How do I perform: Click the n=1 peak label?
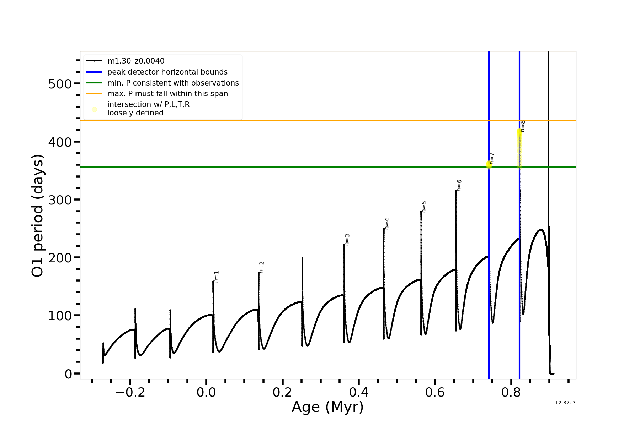coord(217,277)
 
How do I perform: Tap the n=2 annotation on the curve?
coord(262,267)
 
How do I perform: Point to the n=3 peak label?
coord(347,240)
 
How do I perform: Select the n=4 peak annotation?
coord(387,224)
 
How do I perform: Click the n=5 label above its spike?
coord(424,207)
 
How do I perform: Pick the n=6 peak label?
coord(459,185)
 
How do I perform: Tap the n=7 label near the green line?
coord(492,158)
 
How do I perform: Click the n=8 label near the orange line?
coord(523,126)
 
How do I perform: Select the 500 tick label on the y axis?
coord(60,84)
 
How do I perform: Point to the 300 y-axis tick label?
coord(60,200)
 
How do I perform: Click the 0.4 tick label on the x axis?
coord(358,392)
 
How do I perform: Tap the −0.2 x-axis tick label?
coord(130,392)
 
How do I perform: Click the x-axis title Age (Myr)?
coord(327,407)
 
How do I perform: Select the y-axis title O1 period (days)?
coord(38,215)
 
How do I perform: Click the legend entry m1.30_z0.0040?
coord(136,61)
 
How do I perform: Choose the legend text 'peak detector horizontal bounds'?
coord(167,72)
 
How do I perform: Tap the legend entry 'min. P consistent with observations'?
coord(173,83)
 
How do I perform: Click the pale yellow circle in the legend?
coord(94,109)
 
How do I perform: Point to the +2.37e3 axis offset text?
coord(565,403)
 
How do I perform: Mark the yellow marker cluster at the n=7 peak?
coord(489,164)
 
